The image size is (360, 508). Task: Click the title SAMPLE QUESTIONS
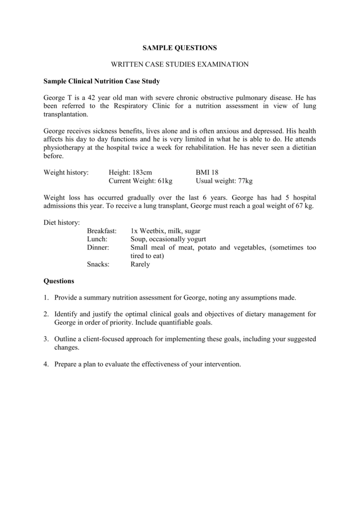click(180, 48)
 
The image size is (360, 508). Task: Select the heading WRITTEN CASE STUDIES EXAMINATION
click(180, 64)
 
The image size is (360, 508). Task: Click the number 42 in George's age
click(92, 98)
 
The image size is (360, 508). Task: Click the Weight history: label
click(66, 172)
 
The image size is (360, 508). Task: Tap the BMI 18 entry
click(207, 172)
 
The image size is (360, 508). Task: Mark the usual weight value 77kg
click(243, 181)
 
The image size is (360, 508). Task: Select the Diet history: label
click(62, 223)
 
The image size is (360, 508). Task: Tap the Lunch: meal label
click(97, 239)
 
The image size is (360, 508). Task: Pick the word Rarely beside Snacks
click(140, 264)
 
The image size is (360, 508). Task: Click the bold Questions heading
click(59, 281)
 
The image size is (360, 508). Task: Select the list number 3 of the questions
click(46, 339)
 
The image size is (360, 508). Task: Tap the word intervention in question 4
click(221, 364)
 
